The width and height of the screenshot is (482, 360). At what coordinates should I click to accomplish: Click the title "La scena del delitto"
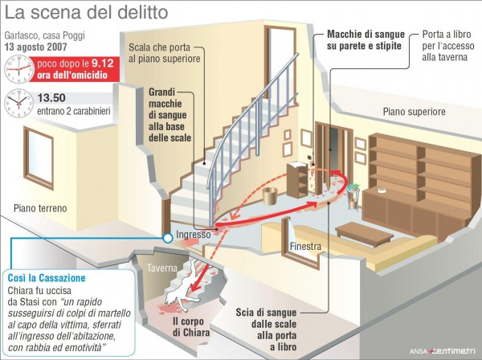tap(87, 13)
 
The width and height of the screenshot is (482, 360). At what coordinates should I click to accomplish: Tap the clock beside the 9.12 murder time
tap(18, 69)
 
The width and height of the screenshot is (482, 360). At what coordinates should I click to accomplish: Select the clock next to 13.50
tap(18, 104)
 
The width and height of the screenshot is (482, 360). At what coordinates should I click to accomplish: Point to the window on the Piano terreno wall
tap(39, 158)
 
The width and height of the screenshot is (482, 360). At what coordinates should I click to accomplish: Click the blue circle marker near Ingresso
tap(168, 238)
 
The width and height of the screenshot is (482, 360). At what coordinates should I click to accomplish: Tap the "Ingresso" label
tap(194, 235)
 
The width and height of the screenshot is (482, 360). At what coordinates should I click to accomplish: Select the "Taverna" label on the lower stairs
tap(162, 268)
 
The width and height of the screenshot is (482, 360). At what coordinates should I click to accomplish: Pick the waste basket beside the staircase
tap(270, 195)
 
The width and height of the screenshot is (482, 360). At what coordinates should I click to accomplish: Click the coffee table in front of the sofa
tap(364, 235)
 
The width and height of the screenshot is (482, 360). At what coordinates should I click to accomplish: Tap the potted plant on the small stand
tap(354, 187)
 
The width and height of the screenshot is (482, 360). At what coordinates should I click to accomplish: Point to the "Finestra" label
tap(305, 246)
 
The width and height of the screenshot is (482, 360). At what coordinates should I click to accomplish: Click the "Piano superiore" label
tap(414, 111)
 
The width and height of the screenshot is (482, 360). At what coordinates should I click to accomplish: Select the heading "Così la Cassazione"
tap(47, 278)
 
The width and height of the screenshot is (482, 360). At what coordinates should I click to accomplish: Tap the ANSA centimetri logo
tap(443, 351)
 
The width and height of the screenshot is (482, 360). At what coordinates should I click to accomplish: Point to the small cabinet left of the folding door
tap(297, 180)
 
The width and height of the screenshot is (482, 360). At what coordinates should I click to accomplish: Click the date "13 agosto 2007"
tap(35, 47)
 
